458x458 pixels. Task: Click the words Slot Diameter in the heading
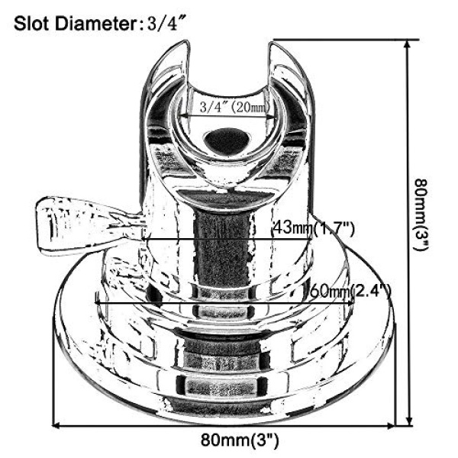(x=75, y=24)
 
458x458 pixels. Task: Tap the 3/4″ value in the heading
(x=163, y=23)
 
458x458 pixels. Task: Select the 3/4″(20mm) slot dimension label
(x=234, y=107)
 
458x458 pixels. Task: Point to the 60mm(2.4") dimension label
(x=350, y=291)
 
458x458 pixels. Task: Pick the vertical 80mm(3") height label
(x=421, y=214)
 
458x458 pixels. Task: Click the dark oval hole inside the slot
(x=227, y=140)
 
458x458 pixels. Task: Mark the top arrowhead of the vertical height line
(x=408, y=41)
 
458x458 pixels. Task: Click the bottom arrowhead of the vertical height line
(x=409, y=424)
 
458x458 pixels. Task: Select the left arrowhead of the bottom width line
(x=53, y=426)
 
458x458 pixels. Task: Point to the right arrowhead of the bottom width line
(x=392, y=426)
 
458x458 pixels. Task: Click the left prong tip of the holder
(x=185, y=43)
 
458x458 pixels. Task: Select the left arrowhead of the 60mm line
(x=97, y=302)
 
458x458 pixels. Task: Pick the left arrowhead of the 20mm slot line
(x=182, y=115)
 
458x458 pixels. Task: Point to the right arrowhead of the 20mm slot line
(x=273, y=118)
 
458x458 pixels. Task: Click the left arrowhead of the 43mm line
(x=144, y=240)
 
